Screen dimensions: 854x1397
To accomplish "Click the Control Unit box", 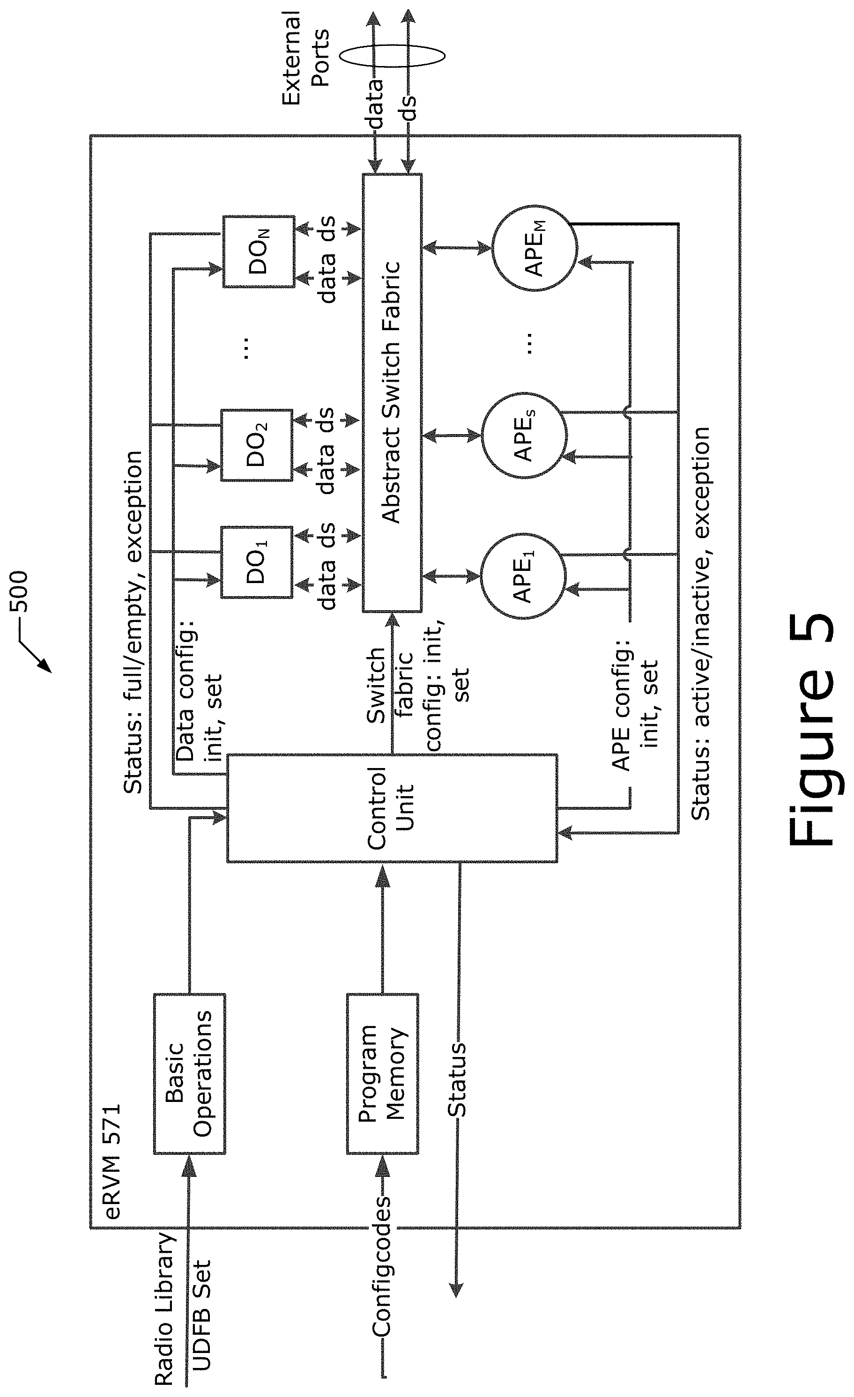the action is [x=392, y=808].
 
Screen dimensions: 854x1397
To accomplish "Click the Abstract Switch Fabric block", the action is [x=392, y=393].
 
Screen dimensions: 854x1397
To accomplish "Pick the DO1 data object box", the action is [x=256, y=562].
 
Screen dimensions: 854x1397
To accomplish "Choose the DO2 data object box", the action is [x=256, y=445].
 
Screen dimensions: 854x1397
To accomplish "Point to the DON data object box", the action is [x=259, y=251].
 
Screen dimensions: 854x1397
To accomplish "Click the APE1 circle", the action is [x=523, y=576].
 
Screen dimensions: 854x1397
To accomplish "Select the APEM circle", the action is [x=535, y=248].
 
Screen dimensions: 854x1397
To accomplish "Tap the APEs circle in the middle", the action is [x=524, y=436].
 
